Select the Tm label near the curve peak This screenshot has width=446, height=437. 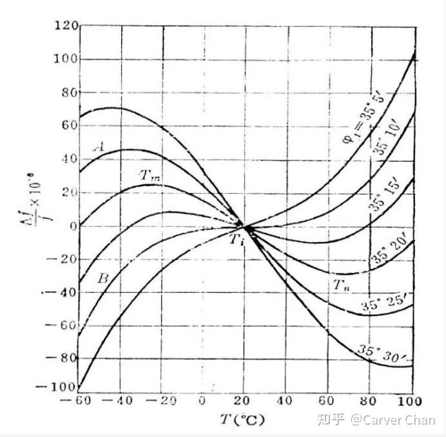click(149, 174)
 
